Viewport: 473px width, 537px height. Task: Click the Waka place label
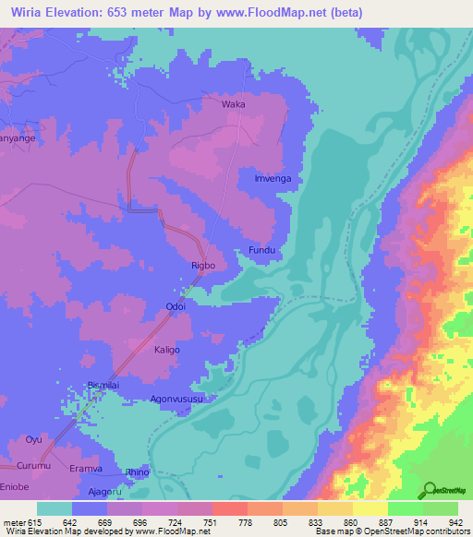[234, 104]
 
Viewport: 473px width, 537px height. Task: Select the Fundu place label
[261, 250]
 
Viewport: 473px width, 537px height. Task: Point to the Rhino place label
[137, 472]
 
